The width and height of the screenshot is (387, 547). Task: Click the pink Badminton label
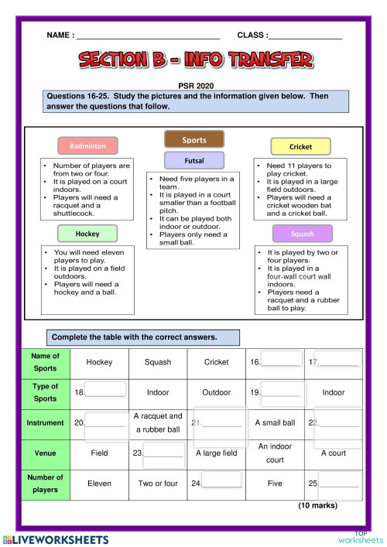(x=87, y=145)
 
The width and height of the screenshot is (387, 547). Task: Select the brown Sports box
(x=193, y=140)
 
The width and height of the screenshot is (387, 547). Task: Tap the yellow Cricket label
(x=300, y=146)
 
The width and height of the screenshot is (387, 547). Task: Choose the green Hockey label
(x=87, y=233)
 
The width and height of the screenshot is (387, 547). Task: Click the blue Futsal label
(x=193, y=160)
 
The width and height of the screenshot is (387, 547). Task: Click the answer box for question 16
(x=282, y=358)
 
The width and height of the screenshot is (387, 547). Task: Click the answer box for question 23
(x=163, y=452)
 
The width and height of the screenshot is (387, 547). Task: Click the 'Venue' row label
(x=46, y=453)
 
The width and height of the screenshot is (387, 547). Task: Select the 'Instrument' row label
(x=46, y=423)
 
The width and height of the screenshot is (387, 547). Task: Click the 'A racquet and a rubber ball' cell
(x=158, y=422)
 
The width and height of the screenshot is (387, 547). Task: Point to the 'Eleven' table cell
(x=99, y=483)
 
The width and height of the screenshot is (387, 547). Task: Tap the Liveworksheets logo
(x=54, y=537)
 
